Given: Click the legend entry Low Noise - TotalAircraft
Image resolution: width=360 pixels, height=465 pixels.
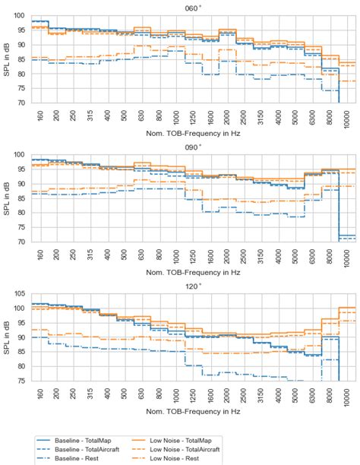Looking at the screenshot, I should click(x=191, y=449).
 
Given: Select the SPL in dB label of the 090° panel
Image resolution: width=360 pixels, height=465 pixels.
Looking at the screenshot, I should click(x=6, y=198).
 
